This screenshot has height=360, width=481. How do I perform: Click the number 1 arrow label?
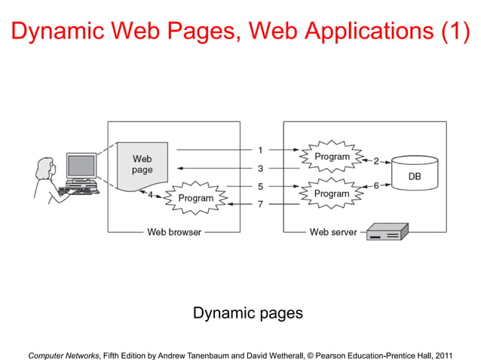click(260, 151)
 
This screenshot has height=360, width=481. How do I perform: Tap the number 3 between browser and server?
click(260, 169)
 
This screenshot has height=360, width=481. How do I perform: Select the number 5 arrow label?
click(260, 186)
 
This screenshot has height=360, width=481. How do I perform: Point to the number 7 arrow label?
click(260, 204)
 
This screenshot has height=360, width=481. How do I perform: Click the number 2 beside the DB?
click(376, 160)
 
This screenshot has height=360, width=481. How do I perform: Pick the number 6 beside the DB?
click(376, 186)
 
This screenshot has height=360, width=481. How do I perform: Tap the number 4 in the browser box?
click(150, 195)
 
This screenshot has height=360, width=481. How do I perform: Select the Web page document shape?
click(142, 165)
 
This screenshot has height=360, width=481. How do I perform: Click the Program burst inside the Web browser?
click(195, 199)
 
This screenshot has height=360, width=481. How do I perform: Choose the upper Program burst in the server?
click(332, 157)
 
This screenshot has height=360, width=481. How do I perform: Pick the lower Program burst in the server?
click(332, 194)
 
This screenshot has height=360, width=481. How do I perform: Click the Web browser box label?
click(173, 232)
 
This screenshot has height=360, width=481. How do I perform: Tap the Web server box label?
click(334, 232)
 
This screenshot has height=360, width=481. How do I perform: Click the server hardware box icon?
click(387, 232)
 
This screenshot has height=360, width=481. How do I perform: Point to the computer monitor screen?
click(81, 165)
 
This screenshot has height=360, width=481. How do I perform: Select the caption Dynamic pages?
click(248, 313)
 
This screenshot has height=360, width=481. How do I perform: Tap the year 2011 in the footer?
click(444, 350)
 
